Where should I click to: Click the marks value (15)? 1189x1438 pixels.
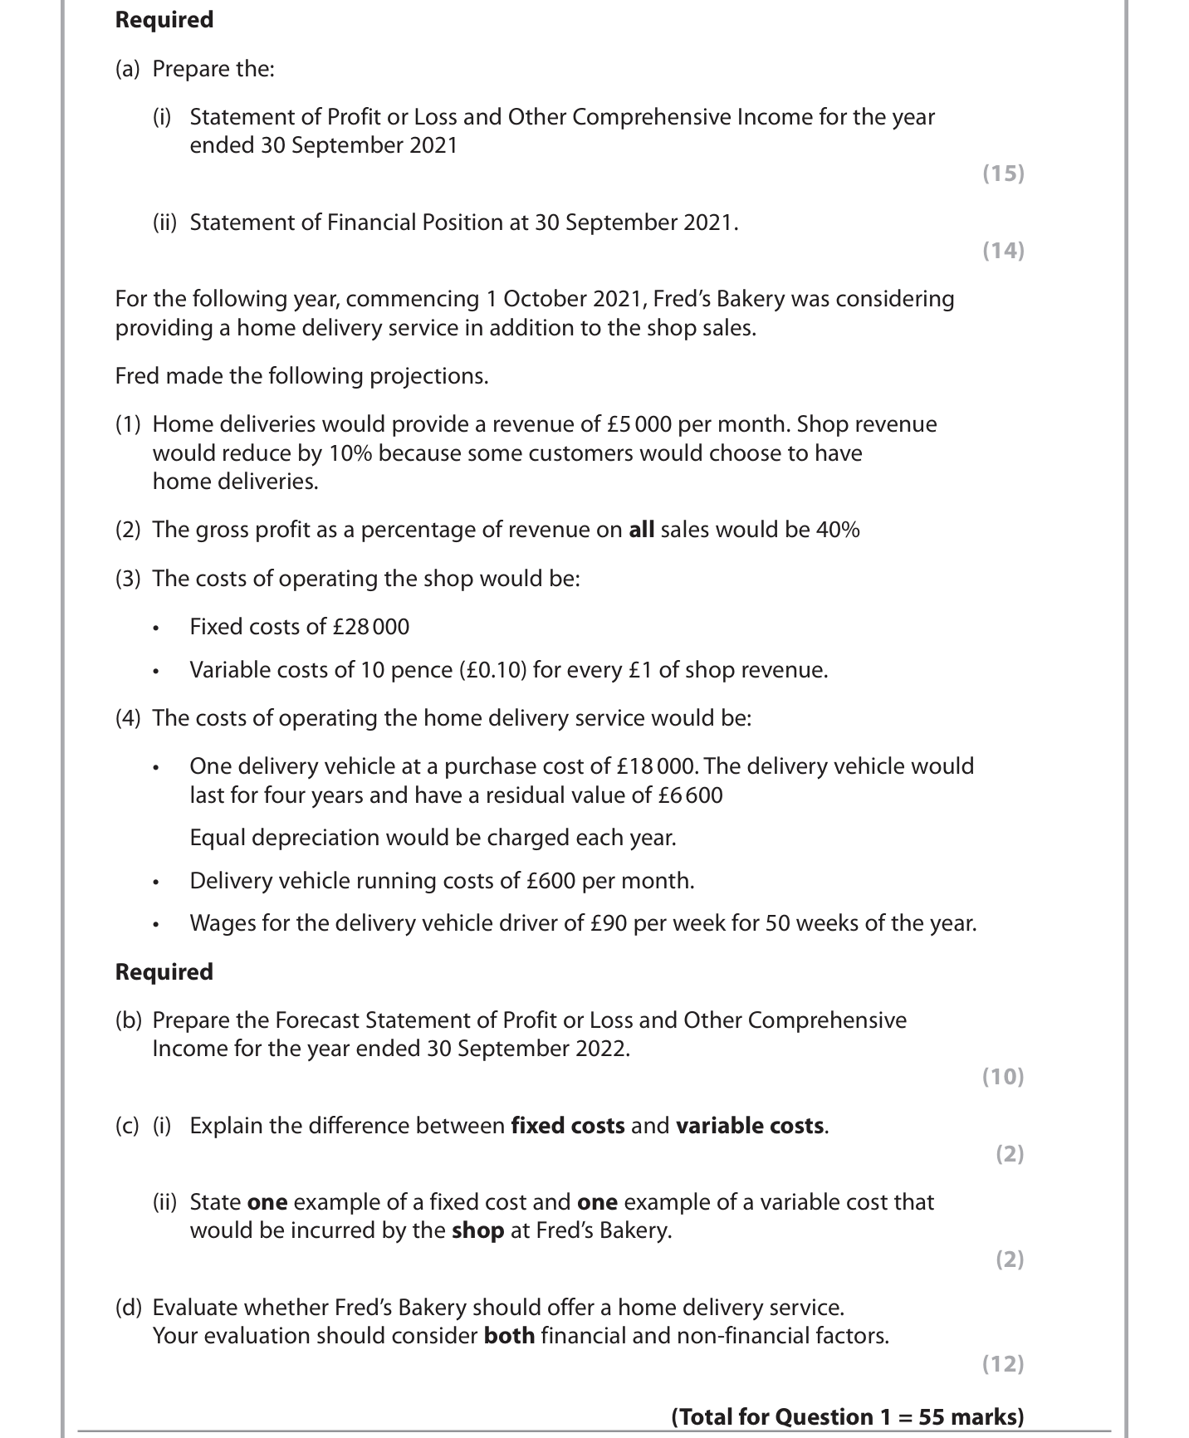pyautogui.click(x=1003, y=174)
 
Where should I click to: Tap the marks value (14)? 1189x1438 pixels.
pyautogui.click(x=1003, y=251)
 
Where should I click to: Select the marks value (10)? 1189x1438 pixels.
pyautogui.click(x=1003, y=1077)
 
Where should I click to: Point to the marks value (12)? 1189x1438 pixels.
pyautogui.click(x=1003, y=1364)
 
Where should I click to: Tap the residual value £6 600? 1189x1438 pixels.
pyautogui.click(x=690, y=795)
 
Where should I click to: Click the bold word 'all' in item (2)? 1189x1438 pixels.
pyautogui.click(x=641, y=530)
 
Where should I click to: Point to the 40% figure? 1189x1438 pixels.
pyautogui.click(x=838, y=530)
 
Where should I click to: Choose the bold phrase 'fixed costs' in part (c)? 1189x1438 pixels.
pyautogui.click(x=567, y=1126)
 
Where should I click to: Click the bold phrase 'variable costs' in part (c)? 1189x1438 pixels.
pyautogui.click(x=750, y=1126)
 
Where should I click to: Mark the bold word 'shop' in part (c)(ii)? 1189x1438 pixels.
pyautogui.click(x=477, y=1230)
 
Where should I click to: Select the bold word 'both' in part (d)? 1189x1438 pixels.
pyautogui.click(x=509, y=1336)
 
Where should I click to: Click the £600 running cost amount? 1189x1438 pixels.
pyautogui.click(x=550, y=881)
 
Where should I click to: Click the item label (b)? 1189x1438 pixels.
pyautogui.click(x=128, y=1020)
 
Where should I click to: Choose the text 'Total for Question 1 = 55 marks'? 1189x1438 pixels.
pyautogui.click(x=847, y=1417)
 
